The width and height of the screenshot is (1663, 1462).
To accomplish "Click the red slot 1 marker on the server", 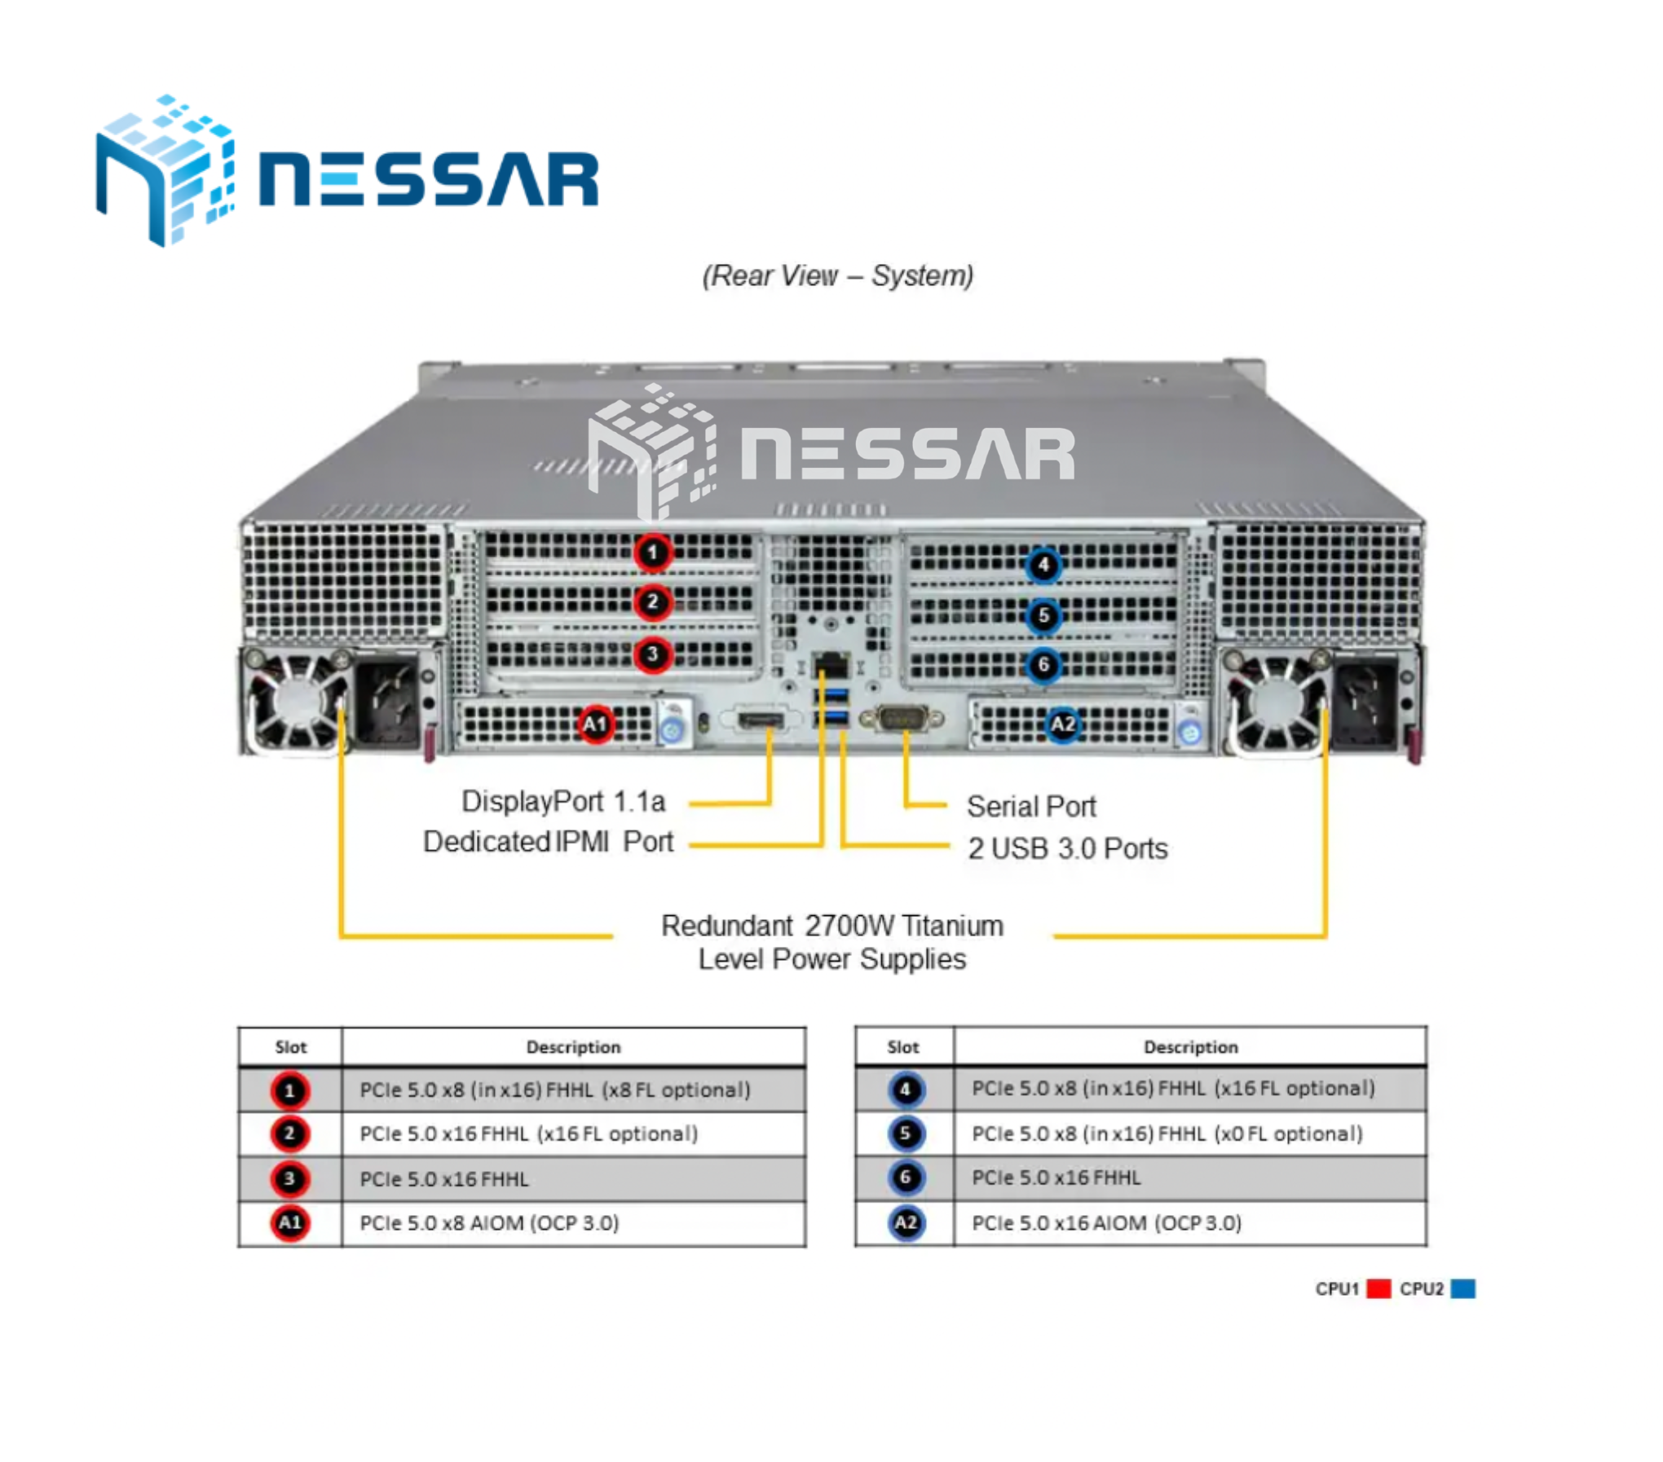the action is point(652,553).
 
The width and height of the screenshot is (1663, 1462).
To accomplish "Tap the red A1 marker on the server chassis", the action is point(595,724).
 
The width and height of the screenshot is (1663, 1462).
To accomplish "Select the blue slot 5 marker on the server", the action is point(1043,615).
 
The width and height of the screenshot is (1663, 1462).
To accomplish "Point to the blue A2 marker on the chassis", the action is point(1063,724).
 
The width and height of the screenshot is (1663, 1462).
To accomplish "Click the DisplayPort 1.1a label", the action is point(563,802).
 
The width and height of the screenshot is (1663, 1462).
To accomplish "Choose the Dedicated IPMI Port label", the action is point(549,842).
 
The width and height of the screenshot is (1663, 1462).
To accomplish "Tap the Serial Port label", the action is point(1031,807).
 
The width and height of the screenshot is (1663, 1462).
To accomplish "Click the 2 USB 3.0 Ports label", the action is point(1068,848).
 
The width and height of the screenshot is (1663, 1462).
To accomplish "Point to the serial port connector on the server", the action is point(902,719).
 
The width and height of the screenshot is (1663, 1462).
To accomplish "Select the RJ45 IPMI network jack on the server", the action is point(831,665).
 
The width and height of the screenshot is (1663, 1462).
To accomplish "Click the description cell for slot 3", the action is point(574,1179).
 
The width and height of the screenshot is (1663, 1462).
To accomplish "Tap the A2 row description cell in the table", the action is point(1190,1223).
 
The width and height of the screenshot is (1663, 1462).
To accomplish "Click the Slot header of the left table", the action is point(291,1047).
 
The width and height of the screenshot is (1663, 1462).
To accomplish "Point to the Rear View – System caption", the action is point(838,275).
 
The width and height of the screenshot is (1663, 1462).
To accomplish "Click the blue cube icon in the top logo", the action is point(165,170).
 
